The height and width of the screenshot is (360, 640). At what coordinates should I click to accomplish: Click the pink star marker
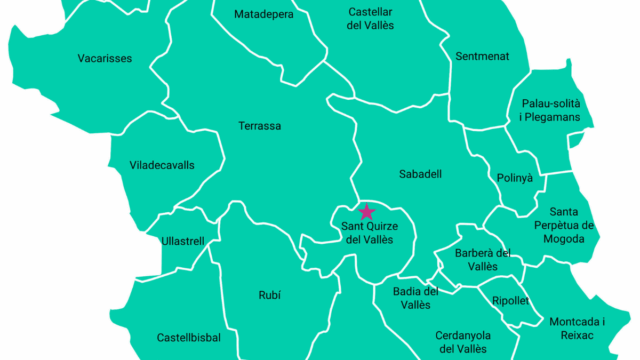pos(367,211)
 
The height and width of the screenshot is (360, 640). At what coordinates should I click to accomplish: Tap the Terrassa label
pos(260,126)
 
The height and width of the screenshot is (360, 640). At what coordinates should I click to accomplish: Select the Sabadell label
pos(420,174)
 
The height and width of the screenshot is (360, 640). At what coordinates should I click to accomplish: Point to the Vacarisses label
pos(105,58)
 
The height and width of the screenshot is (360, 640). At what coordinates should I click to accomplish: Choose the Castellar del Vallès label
pos(370,19)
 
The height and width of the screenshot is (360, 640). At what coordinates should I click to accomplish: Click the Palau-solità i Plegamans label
pos(550,110)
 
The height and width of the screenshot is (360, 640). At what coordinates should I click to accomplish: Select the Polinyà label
pos(515,178)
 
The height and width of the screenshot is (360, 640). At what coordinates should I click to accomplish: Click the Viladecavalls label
pos(162,165)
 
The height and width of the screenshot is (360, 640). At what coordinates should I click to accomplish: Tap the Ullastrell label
pos(182,242)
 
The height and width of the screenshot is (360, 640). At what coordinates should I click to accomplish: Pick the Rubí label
pos(268,295)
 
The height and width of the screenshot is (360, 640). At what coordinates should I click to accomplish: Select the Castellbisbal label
pos(189,337)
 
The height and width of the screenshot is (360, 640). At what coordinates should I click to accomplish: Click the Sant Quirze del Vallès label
pos(368,233)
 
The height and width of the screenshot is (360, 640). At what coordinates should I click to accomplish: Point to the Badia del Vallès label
pos(409,298)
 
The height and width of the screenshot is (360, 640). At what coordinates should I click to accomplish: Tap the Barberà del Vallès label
pos(483,260)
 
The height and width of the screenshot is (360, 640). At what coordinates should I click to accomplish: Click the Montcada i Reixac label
pos(578,328)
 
